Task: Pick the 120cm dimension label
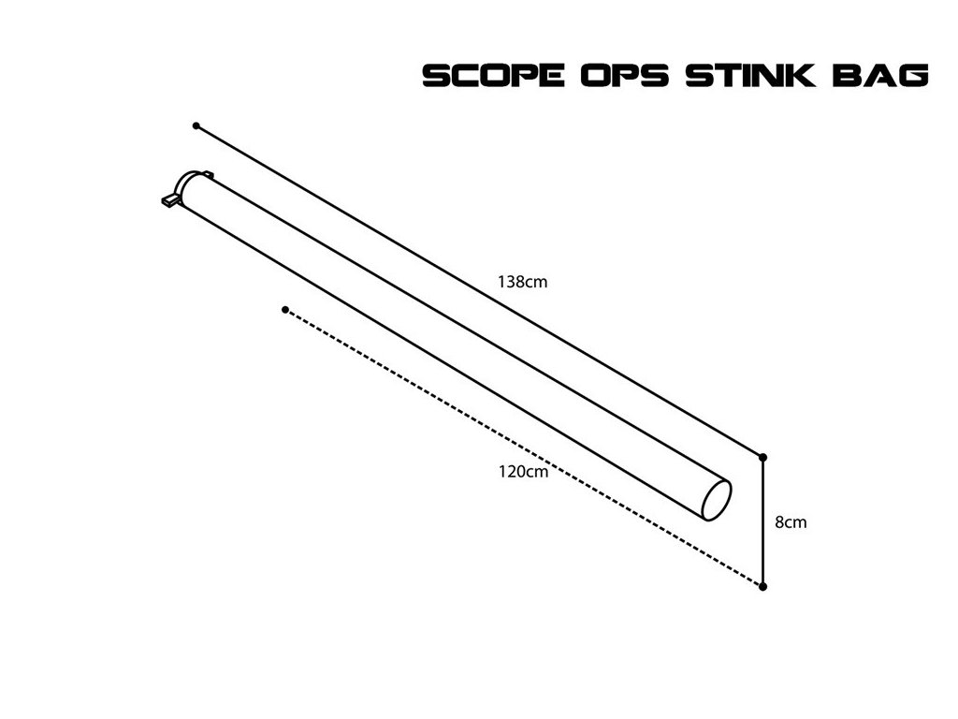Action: pos(523,472)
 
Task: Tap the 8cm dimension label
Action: pos(791,522)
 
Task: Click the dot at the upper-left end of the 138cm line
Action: pos(196,125)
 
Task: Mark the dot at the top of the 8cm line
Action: pos(763,457)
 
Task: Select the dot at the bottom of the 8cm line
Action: pos(763,587)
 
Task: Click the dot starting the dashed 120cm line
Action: pos(284,309)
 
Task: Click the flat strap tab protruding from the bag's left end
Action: pos(169,199)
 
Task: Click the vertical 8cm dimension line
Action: pos(763,522)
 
